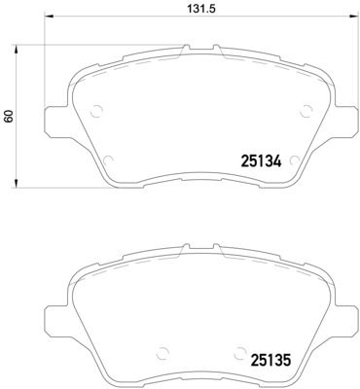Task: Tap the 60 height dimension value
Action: point(10,115)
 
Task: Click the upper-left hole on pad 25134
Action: point(95,111)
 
